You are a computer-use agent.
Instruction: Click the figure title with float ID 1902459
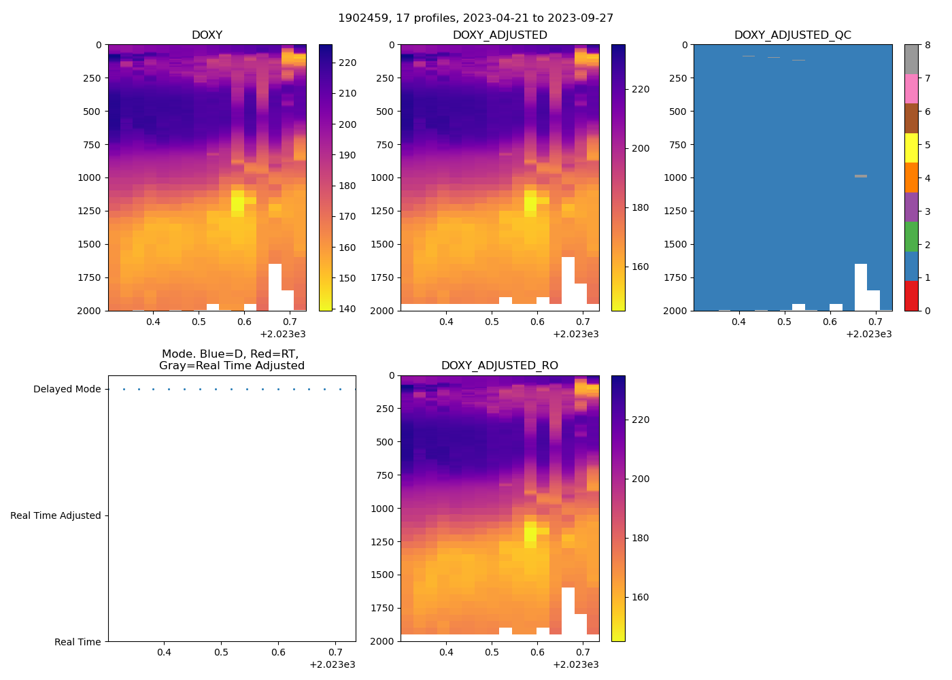coord(475,18)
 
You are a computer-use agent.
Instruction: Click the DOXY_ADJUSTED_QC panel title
coord(792,35)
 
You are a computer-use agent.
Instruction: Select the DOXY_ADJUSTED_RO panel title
coord(499,365)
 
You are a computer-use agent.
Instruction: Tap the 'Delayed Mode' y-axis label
coord(67,389)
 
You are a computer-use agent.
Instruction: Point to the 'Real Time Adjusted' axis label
coord(56,515)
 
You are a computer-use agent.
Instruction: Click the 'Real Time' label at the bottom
coord(78,642)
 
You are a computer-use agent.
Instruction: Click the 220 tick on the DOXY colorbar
coord(347,63)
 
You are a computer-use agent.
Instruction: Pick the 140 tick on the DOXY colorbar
coord(347,309)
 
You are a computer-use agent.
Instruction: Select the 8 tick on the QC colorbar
coord(928,45)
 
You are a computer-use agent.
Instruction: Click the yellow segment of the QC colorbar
coord(911,148)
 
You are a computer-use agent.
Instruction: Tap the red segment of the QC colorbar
coord(911,296)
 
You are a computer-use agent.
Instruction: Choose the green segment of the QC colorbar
coord(911,237)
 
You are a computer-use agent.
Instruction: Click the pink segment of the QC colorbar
coord(911,88)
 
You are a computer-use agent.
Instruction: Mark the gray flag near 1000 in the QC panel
coord(861,176)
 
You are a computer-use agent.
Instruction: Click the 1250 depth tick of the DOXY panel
coord(90,211)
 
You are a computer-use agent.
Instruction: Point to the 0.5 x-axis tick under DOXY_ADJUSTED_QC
coord(784,322)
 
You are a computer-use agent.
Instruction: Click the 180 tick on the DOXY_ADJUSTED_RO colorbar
coord(640,538)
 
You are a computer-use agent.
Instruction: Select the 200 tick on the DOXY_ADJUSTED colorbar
coord(640,148)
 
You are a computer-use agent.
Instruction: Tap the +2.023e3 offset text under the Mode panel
coord(332,664)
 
